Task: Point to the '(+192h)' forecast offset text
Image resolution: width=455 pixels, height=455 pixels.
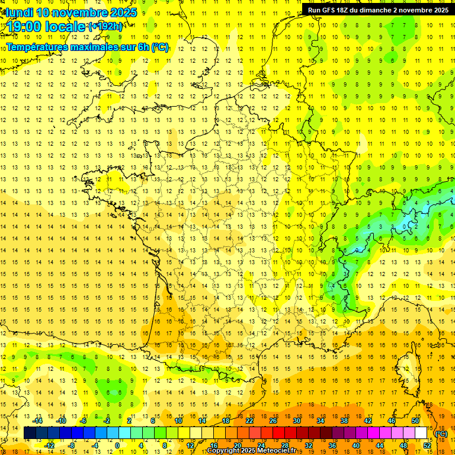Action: tap(105, 26)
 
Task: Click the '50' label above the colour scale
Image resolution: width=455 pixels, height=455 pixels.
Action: tap(415, 421)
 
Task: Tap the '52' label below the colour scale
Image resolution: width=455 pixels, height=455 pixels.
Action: tap(427, 445)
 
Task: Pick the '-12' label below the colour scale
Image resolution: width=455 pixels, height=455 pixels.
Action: tap(50, 445)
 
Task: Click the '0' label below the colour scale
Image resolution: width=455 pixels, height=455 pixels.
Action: tap(117, 445)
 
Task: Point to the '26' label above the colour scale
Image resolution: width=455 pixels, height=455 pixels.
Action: tap(273, 421)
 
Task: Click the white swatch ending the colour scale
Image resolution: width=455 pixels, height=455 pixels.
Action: tap(421, 433)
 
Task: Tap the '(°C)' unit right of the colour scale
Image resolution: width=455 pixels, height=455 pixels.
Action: tap(440, 434)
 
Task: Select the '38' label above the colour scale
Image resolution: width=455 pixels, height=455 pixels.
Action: tap(344, 421)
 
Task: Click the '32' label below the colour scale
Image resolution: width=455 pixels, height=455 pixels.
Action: tap(309, 445)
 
